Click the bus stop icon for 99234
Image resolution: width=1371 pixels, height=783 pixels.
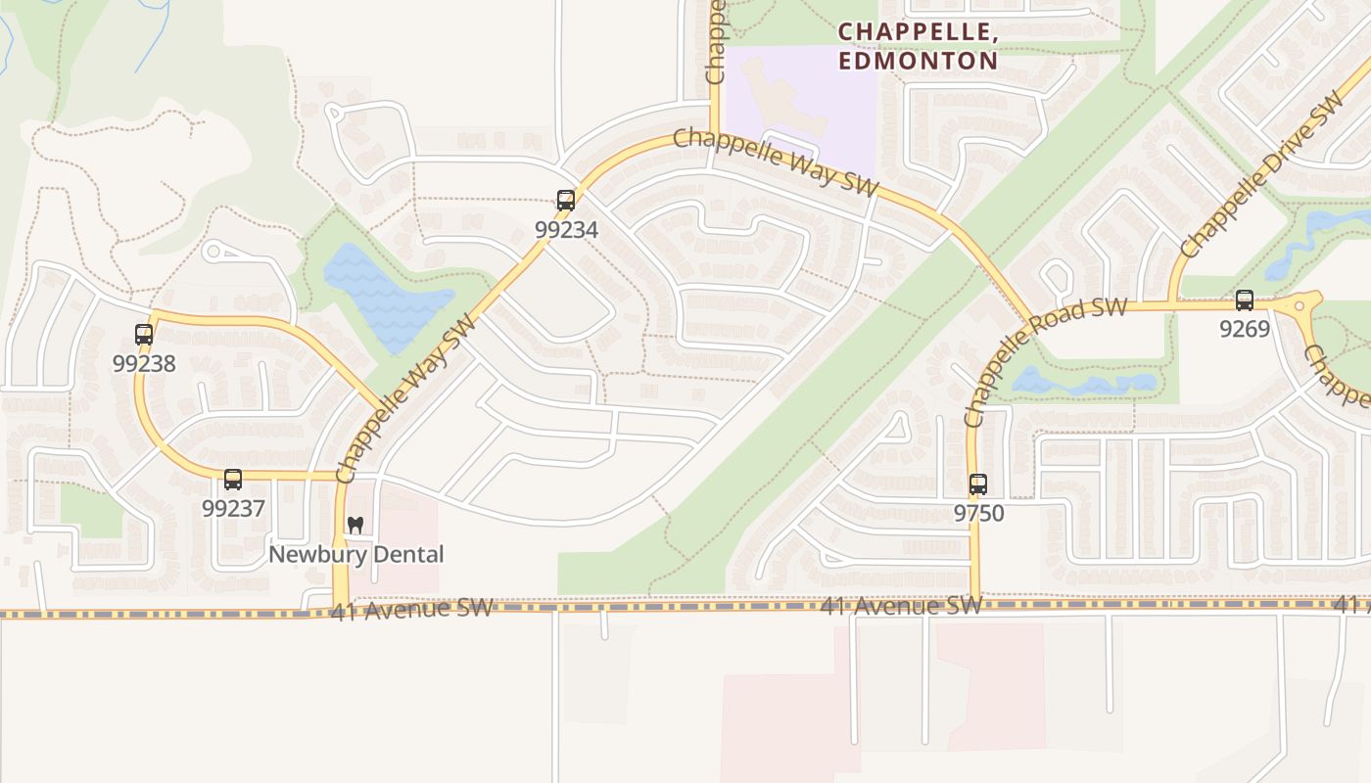coord(565,201)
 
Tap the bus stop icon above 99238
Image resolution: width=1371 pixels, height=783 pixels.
coord(144,335)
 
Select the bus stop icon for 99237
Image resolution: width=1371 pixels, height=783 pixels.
coord(233,480)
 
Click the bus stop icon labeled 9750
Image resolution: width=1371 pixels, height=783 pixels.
coord(977,484)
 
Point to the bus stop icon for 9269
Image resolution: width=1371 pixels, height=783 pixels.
coord(1244,300)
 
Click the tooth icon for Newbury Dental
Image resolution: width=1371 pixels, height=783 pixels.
coord(355,526)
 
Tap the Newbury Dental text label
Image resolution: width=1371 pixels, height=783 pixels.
coord(355,554)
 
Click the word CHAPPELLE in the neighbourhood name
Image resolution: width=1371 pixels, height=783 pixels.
coord(918,32)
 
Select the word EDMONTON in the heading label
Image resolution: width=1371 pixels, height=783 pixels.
coord(918,61)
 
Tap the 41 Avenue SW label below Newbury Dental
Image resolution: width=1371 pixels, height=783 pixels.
coord(411,610)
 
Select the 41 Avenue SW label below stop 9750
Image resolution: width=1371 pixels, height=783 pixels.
coord(901,606)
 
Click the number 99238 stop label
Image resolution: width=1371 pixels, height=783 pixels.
coord(144,363)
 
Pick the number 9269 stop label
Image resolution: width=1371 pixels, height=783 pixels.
coord(1244,329)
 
